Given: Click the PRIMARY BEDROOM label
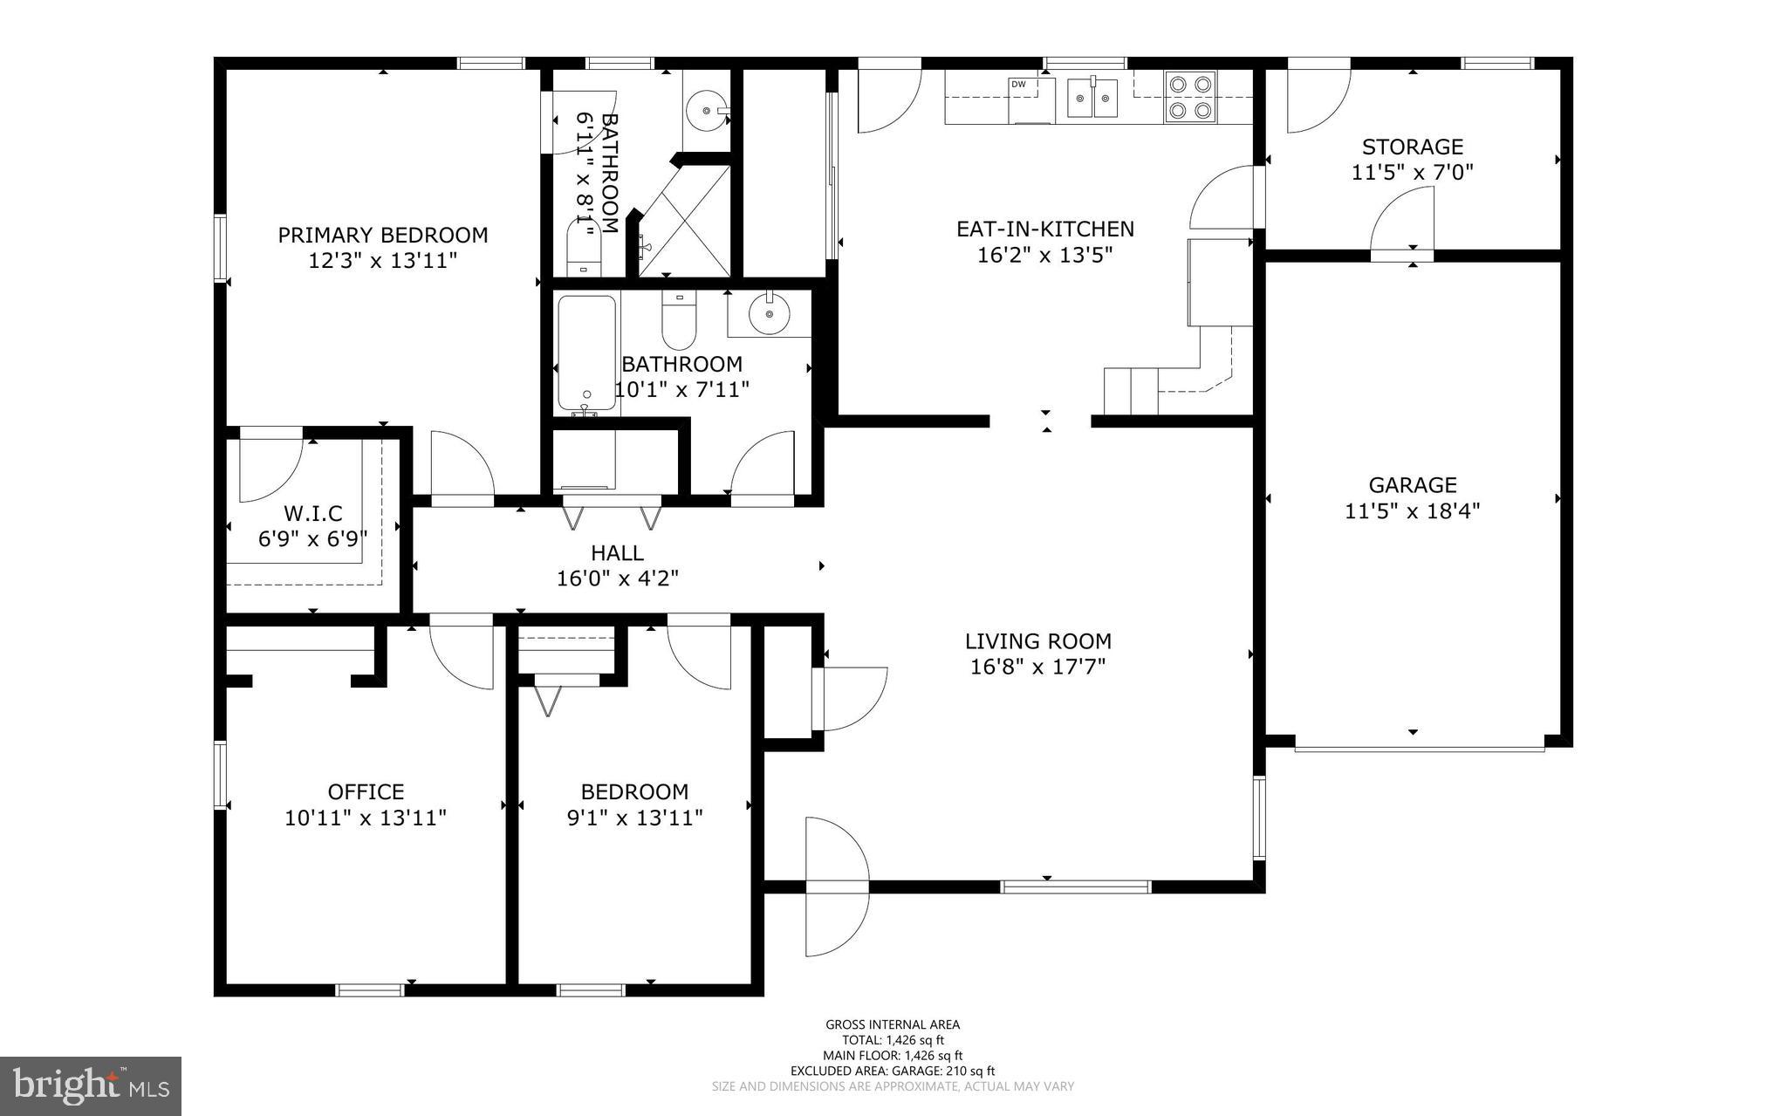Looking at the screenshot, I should (x=382, y=235).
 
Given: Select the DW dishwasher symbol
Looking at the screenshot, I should (x=1018, y=85).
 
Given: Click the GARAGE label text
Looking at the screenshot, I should (x=1412, y=485).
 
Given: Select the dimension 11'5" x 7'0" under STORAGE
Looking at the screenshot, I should (x=1412, y=173).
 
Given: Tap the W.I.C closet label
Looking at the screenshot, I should (x=312, y=514).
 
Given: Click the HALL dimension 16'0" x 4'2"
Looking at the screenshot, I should (x=617, y=579).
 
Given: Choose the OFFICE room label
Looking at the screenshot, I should (x=366, y=791).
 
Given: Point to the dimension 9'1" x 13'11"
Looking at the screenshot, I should (x=634, y=818).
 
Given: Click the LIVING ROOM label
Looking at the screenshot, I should (x=1037, y=641).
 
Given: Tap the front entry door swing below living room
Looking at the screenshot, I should (x=836, y=886).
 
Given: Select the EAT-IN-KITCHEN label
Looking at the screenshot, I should (x=1045, y=229).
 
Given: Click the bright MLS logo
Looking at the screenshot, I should (x=91, y=1085).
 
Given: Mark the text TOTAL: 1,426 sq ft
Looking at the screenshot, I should (x=893, y=1040).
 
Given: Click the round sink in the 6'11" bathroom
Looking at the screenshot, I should (x=704, y=111).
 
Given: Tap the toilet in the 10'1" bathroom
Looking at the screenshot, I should (x=678, y=320).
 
